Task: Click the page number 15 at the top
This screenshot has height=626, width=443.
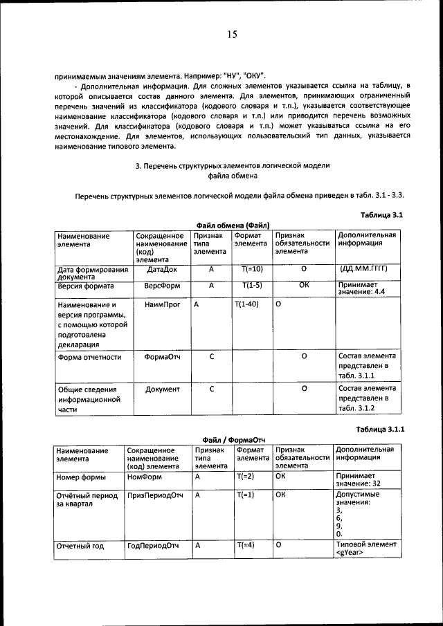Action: tap(231, 35)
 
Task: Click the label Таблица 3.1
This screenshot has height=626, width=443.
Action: tap(382, 215)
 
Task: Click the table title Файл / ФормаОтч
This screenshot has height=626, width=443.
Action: tap(234, 439)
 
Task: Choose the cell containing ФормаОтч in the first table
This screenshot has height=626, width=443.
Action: tap(162, 357)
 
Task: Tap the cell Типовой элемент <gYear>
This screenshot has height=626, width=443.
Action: tap(364, 549)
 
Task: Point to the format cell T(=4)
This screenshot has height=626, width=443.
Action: tap(246, 546)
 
